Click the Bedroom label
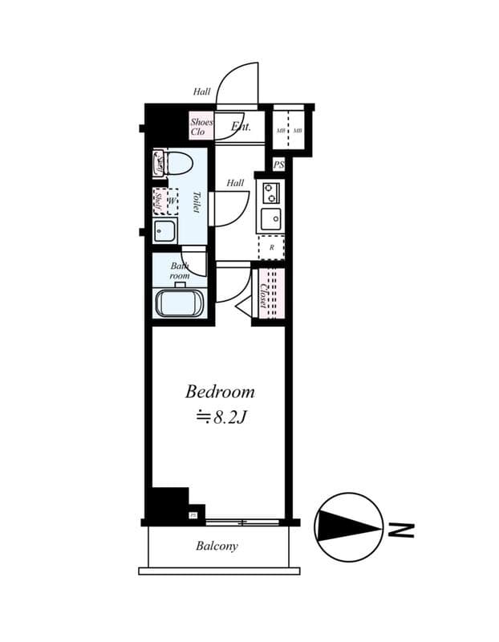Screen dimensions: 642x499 point(220,392)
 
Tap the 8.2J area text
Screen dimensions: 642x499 point(224,417)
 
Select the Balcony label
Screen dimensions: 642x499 point(217,547)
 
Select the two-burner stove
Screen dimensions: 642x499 point(270,192)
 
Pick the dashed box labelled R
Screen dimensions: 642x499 point(271,247)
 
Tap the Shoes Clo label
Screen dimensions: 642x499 point(201,127)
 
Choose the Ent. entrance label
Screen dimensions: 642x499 point(241,127)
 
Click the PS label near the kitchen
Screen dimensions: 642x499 point(278,165)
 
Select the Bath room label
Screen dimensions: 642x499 point(179,270)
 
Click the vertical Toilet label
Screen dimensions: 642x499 point(195,201)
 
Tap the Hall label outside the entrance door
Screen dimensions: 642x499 point(201,91)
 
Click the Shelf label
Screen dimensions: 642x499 point(158,201)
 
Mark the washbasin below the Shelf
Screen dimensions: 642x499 point(166,233)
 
